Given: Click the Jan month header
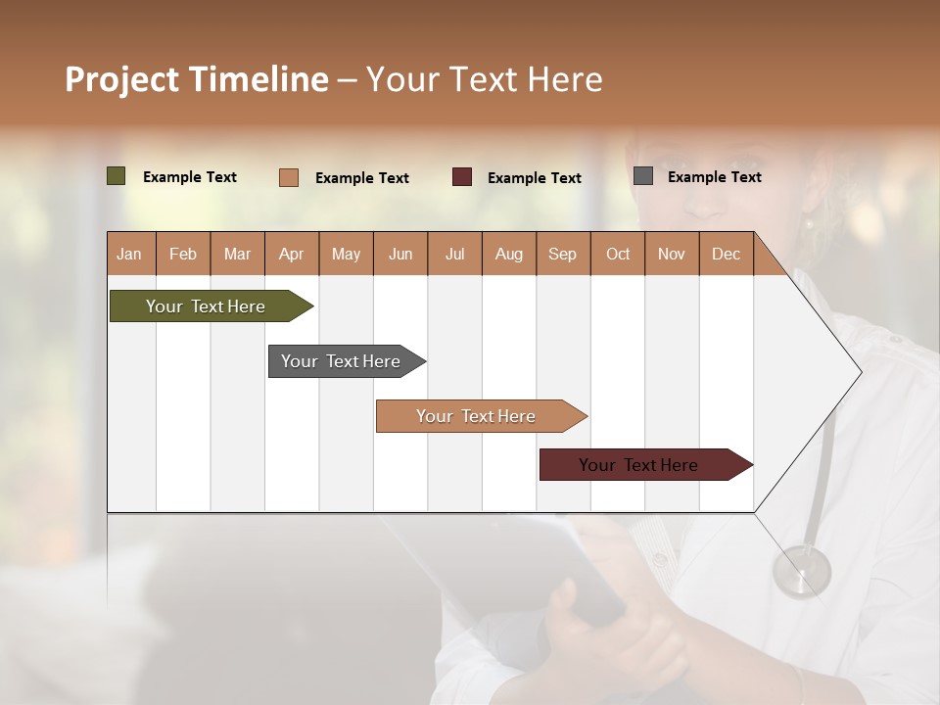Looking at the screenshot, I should pos(130,254).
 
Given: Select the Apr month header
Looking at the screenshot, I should pos(292,254).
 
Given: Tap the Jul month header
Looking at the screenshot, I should pos(455,254).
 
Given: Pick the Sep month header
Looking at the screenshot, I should pos(562,254).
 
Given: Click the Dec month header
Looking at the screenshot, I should pos(726,254).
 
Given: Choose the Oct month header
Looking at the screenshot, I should pos(618,254).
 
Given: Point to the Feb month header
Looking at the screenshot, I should pos(183,254).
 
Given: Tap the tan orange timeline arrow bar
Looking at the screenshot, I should pos(477,416).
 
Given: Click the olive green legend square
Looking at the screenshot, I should pos(117,176).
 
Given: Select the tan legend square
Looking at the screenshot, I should pos(289,177).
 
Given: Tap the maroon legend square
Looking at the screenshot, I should pos(462,177).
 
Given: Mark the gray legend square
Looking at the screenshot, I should pos(643,176).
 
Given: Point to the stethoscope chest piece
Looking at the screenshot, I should pos(801,572).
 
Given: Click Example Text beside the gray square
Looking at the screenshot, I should pos(714,176).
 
